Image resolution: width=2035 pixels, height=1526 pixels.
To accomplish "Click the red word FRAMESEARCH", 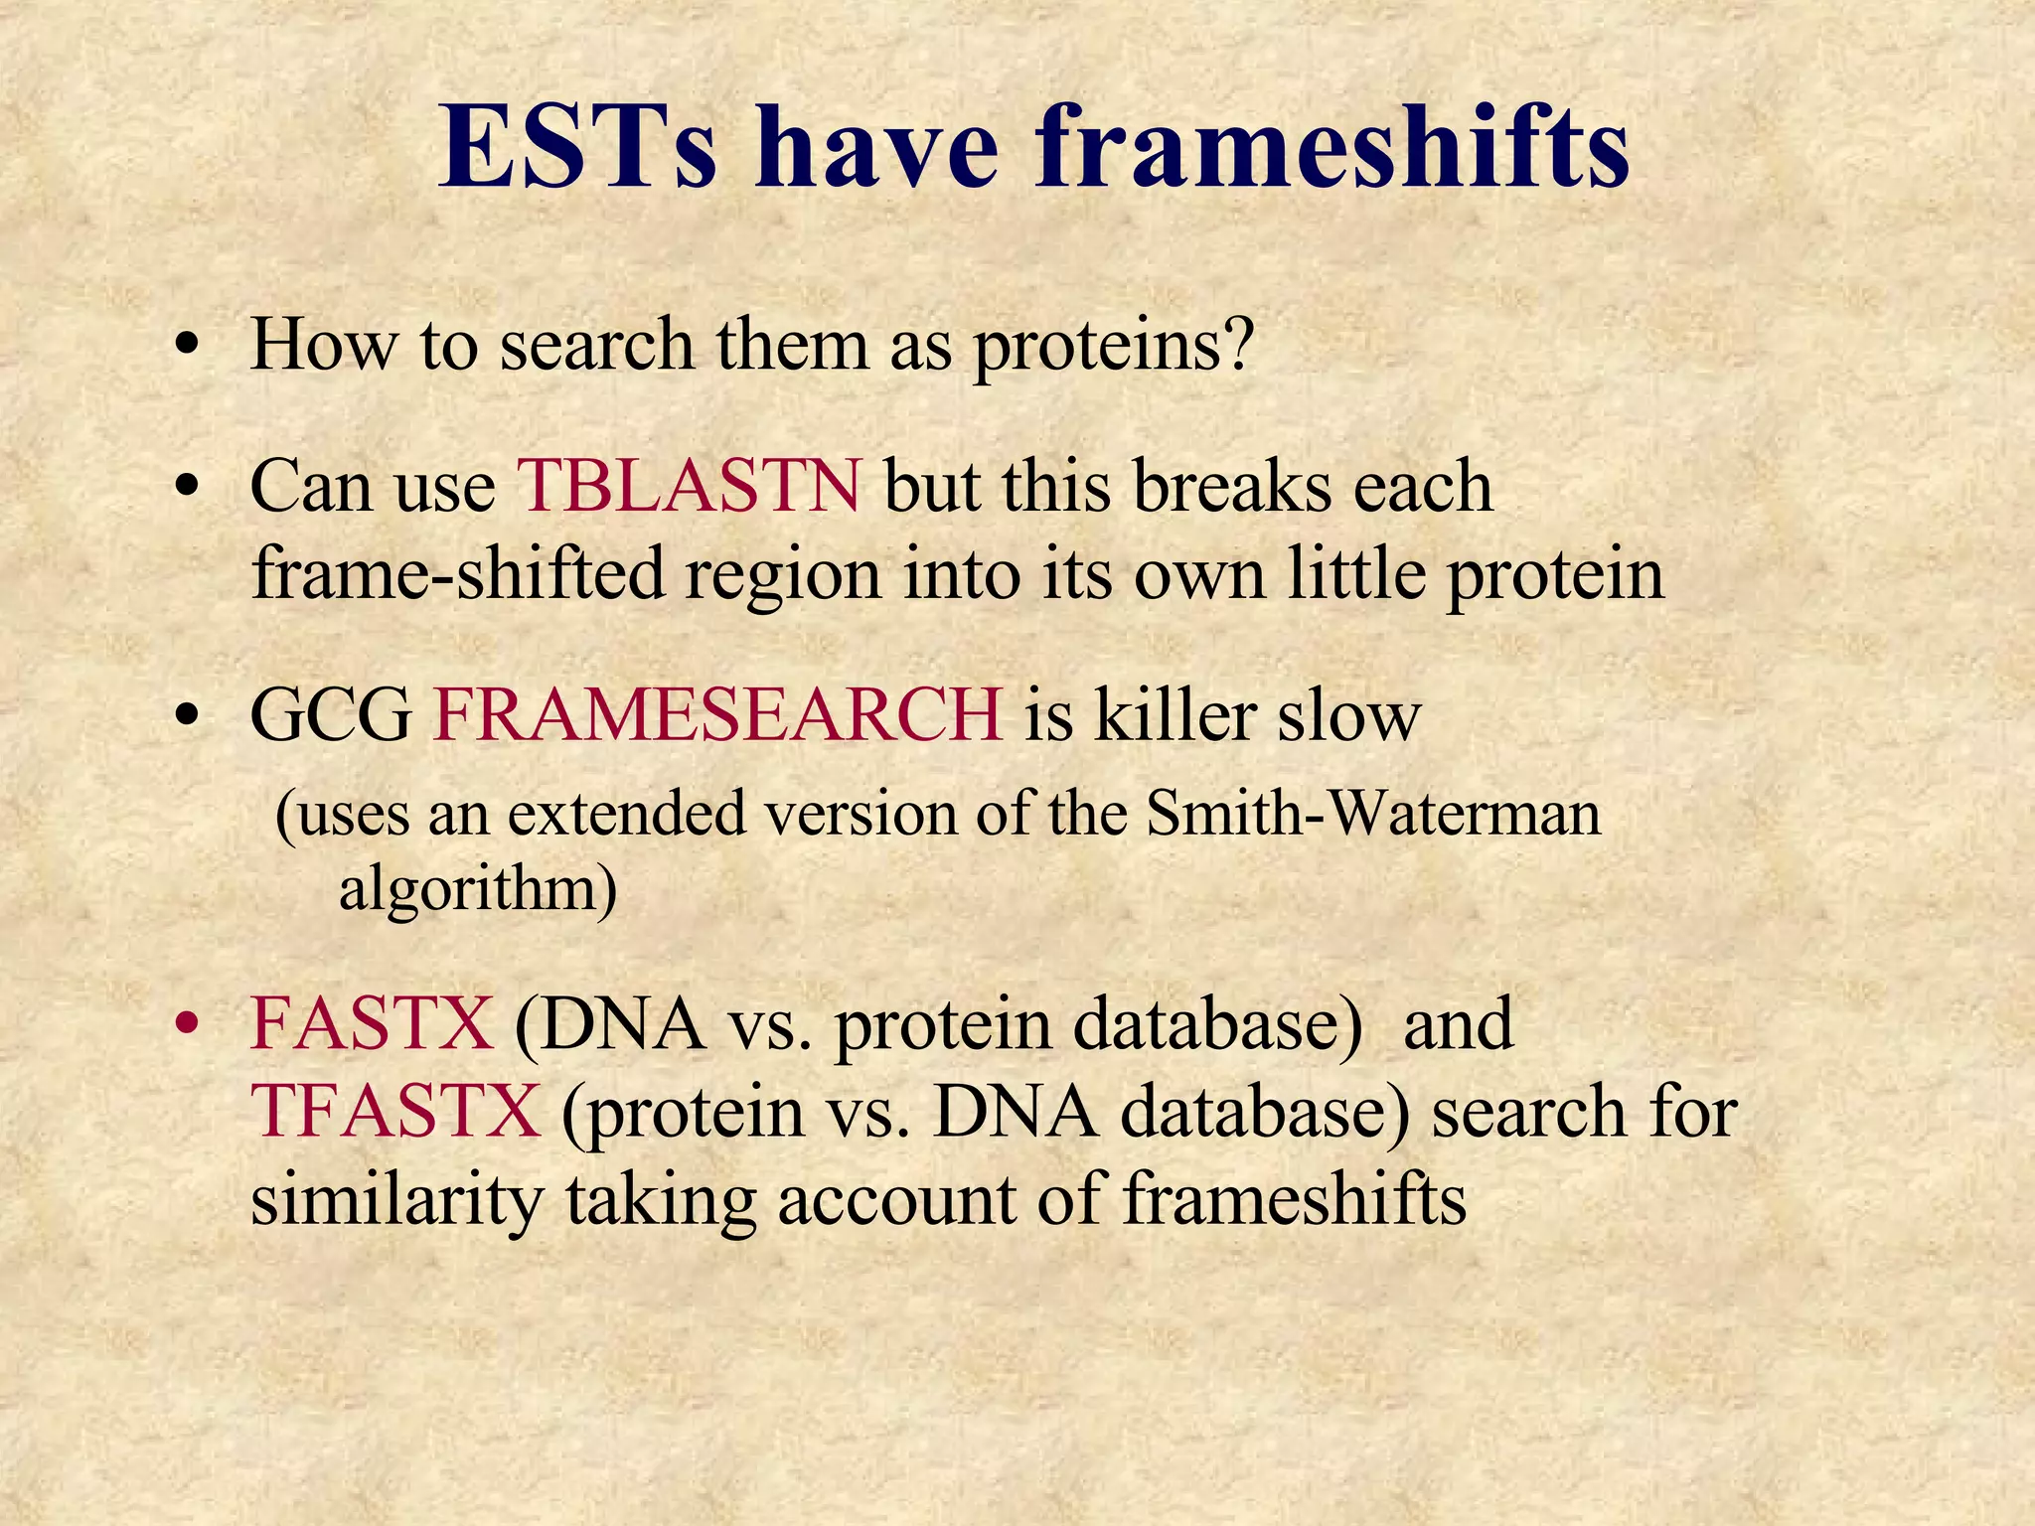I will (x=717, y=714).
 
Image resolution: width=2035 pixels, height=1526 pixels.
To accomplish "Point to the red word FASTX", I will (x=371, y=1023).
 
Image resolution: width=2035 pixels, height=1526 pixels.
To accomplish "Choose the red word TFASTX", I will (x=395, y=1111).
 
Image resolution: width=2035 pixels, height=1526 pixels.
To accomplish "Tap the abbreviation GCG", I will (x=331, y=714).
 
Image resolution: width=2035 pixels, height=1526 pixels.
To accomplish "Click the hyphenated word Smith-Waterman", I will (x=1372, y=814).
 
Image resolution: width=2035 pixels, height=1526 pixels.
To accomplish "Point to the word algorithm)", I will (x=478, y=888).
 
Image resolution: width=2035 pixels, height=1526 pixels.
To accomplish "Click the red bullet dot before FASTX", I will (x=186, y=1025).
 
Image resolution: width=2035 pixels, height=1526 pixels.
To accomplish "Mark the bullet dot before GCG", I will (x=186, y=716).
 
